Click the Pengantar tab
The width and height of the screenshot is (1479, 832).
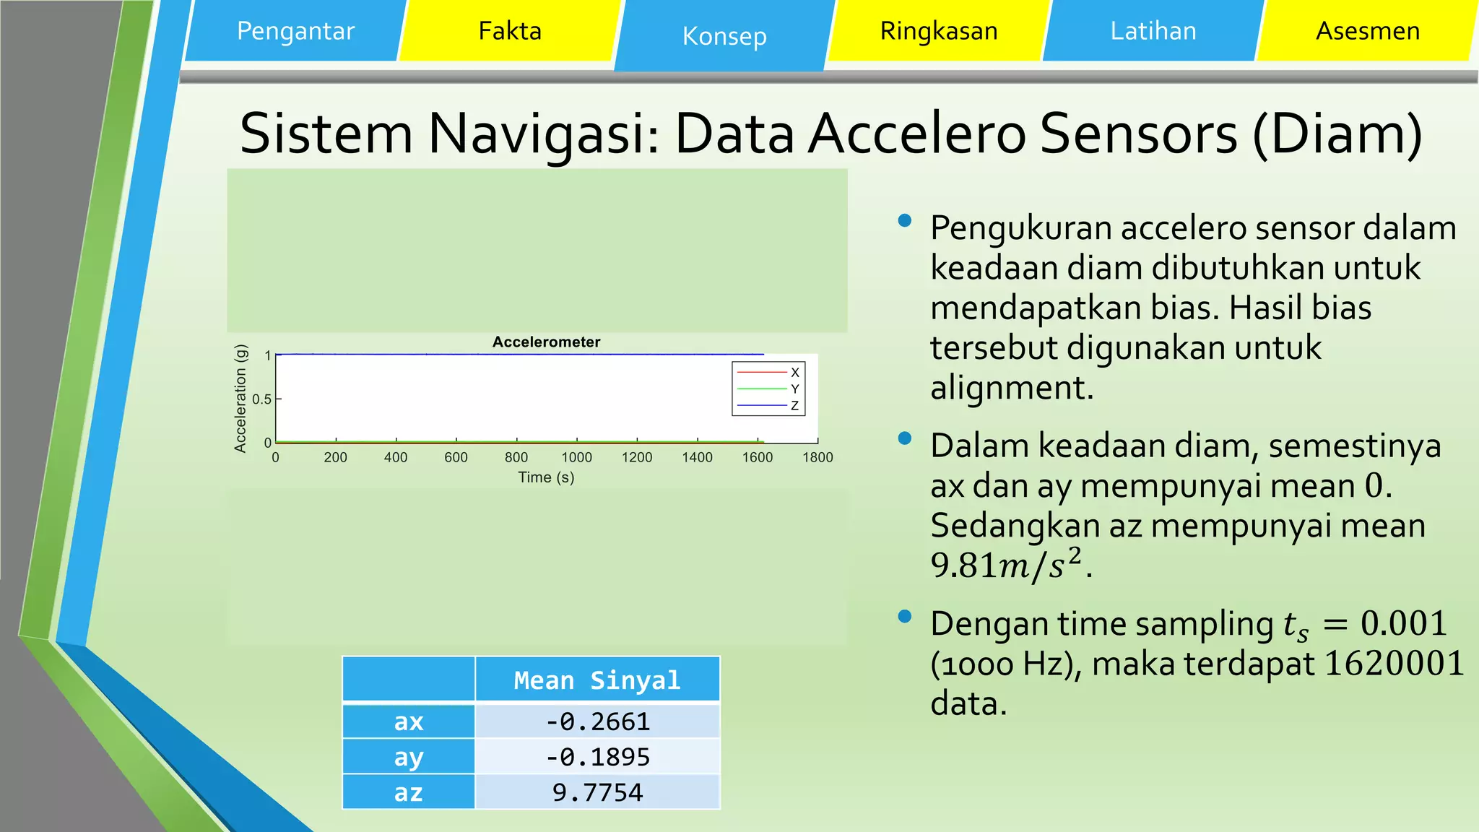[295, 31]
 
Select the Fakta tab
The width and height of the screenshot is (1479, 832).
[510, 31]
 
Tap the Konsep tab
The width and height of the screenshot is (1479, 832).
[724, 36]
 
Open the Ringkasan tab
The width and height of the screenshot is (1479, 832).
[938, 31]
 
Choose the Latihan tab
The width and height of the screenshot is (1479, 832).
[1153, 31]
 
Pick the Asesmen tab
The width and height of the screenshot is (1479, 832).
[1367, 31]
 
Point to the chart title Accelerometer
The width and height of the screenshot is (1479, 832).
[546, 342]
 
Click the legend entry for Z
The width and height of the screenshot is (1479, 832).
[794, 406]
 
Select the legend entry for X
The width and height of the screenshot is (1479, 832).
[794, 373]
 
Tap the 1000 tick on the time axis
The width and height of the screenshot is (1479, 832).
[576, 457]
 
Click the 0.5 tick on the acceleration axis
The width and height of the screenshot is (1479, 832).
[261, 399]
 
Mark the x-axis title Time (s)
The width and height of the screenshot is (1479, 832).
[546, 477]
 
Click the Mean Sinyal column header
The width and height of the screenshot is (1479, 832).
[597, 680]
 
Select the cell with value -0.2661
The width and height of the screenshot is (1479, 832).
[597, 721]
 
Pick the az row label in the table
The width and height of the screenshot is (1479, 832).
[408, 792]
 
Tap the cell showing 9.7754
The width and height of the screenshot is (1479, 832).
[597, 792]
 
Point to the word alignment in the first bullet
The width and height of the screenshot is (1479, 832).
[1011, 388]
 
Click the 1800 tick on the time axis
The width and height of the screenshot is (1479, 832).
[817, 457]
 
